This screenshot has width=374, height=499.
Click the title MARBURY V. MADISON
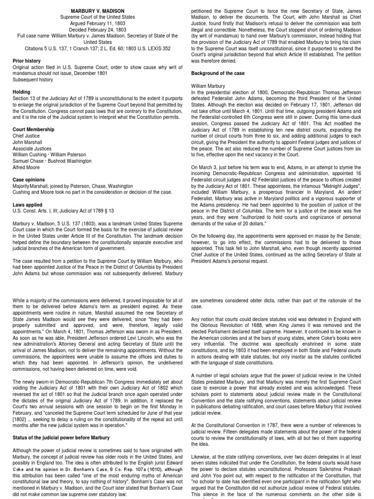coord(97,11)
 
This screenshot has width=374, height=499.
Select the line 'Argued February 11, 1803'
coord(97,23)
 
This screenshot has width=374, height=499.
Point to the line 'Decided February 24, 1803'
coord(97,29)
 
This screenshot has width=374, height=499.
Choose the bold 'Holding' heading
coord(22,92)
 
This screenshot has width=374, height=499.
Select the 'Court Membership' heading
coord(34,130)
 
